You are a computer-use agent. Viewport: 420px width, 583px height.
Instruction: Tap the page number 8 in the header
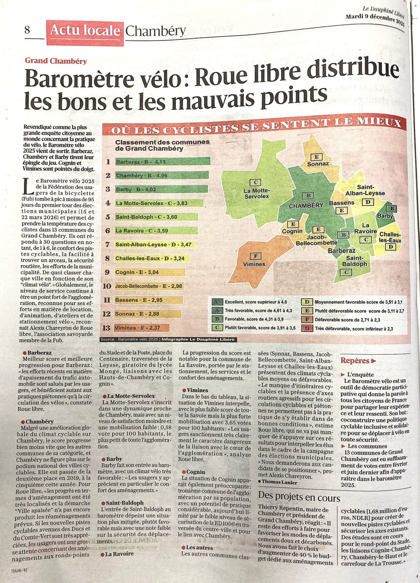coord(27,30)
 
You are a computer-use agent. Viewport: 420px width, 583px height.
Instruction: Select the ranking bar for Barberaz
coord(162,162)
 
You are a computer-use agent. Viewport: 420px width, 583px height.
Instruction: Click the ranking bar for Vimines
coord(142,328)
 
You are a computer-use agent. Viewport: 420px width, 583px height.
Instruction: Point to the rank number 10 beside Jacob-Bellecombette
coord(107,286)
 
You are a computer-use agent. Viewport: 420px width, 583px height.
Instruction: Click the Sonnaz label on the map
coord(318,164)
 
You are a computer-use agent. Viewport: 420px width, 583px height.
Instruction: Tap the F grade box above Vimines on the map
coord(255,256)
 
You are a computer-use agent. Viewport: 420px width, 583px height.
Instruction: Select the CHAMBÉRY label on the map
coord(306,206)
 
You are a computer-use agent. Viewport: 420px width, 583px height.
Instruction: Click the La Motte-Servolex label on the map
coord(257,193)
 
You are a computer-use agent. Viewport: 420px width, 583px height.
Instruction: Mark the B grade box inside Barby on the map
coord(392,209)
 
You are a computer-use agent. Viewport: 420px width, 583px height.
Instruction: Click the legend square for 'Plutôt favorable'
coord(217,328)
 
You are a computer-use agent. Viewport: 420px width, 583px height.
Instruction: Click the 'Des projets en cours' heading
coord(299,496)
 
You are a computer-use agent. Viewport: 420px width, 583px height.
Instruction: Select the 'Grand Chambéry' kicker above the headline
coord(56,61)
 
